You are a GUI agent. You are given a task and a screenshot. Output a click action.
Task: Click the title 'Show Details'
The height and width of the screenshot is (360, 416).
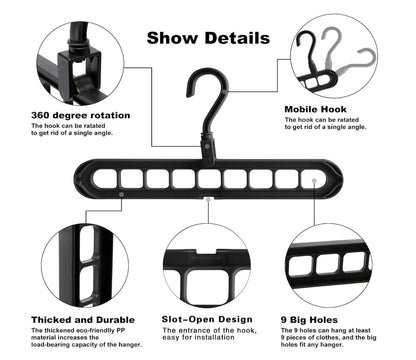(207, 38)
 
